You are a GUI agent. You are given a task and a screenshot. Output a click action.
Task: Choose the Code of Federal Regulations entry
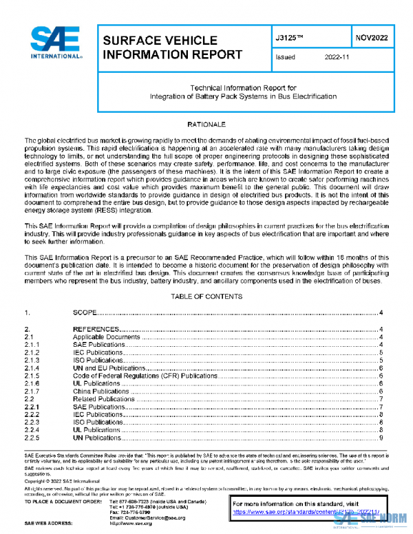(145, 376)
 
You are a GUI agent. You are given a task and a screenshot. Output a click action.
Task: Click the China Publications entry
(101, 391)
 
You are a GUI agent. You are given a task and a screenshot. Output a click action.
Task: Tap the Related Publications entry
(103, 399)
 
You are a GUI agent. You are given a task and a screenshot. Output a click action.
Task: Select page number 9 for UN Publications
(381, 438)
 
